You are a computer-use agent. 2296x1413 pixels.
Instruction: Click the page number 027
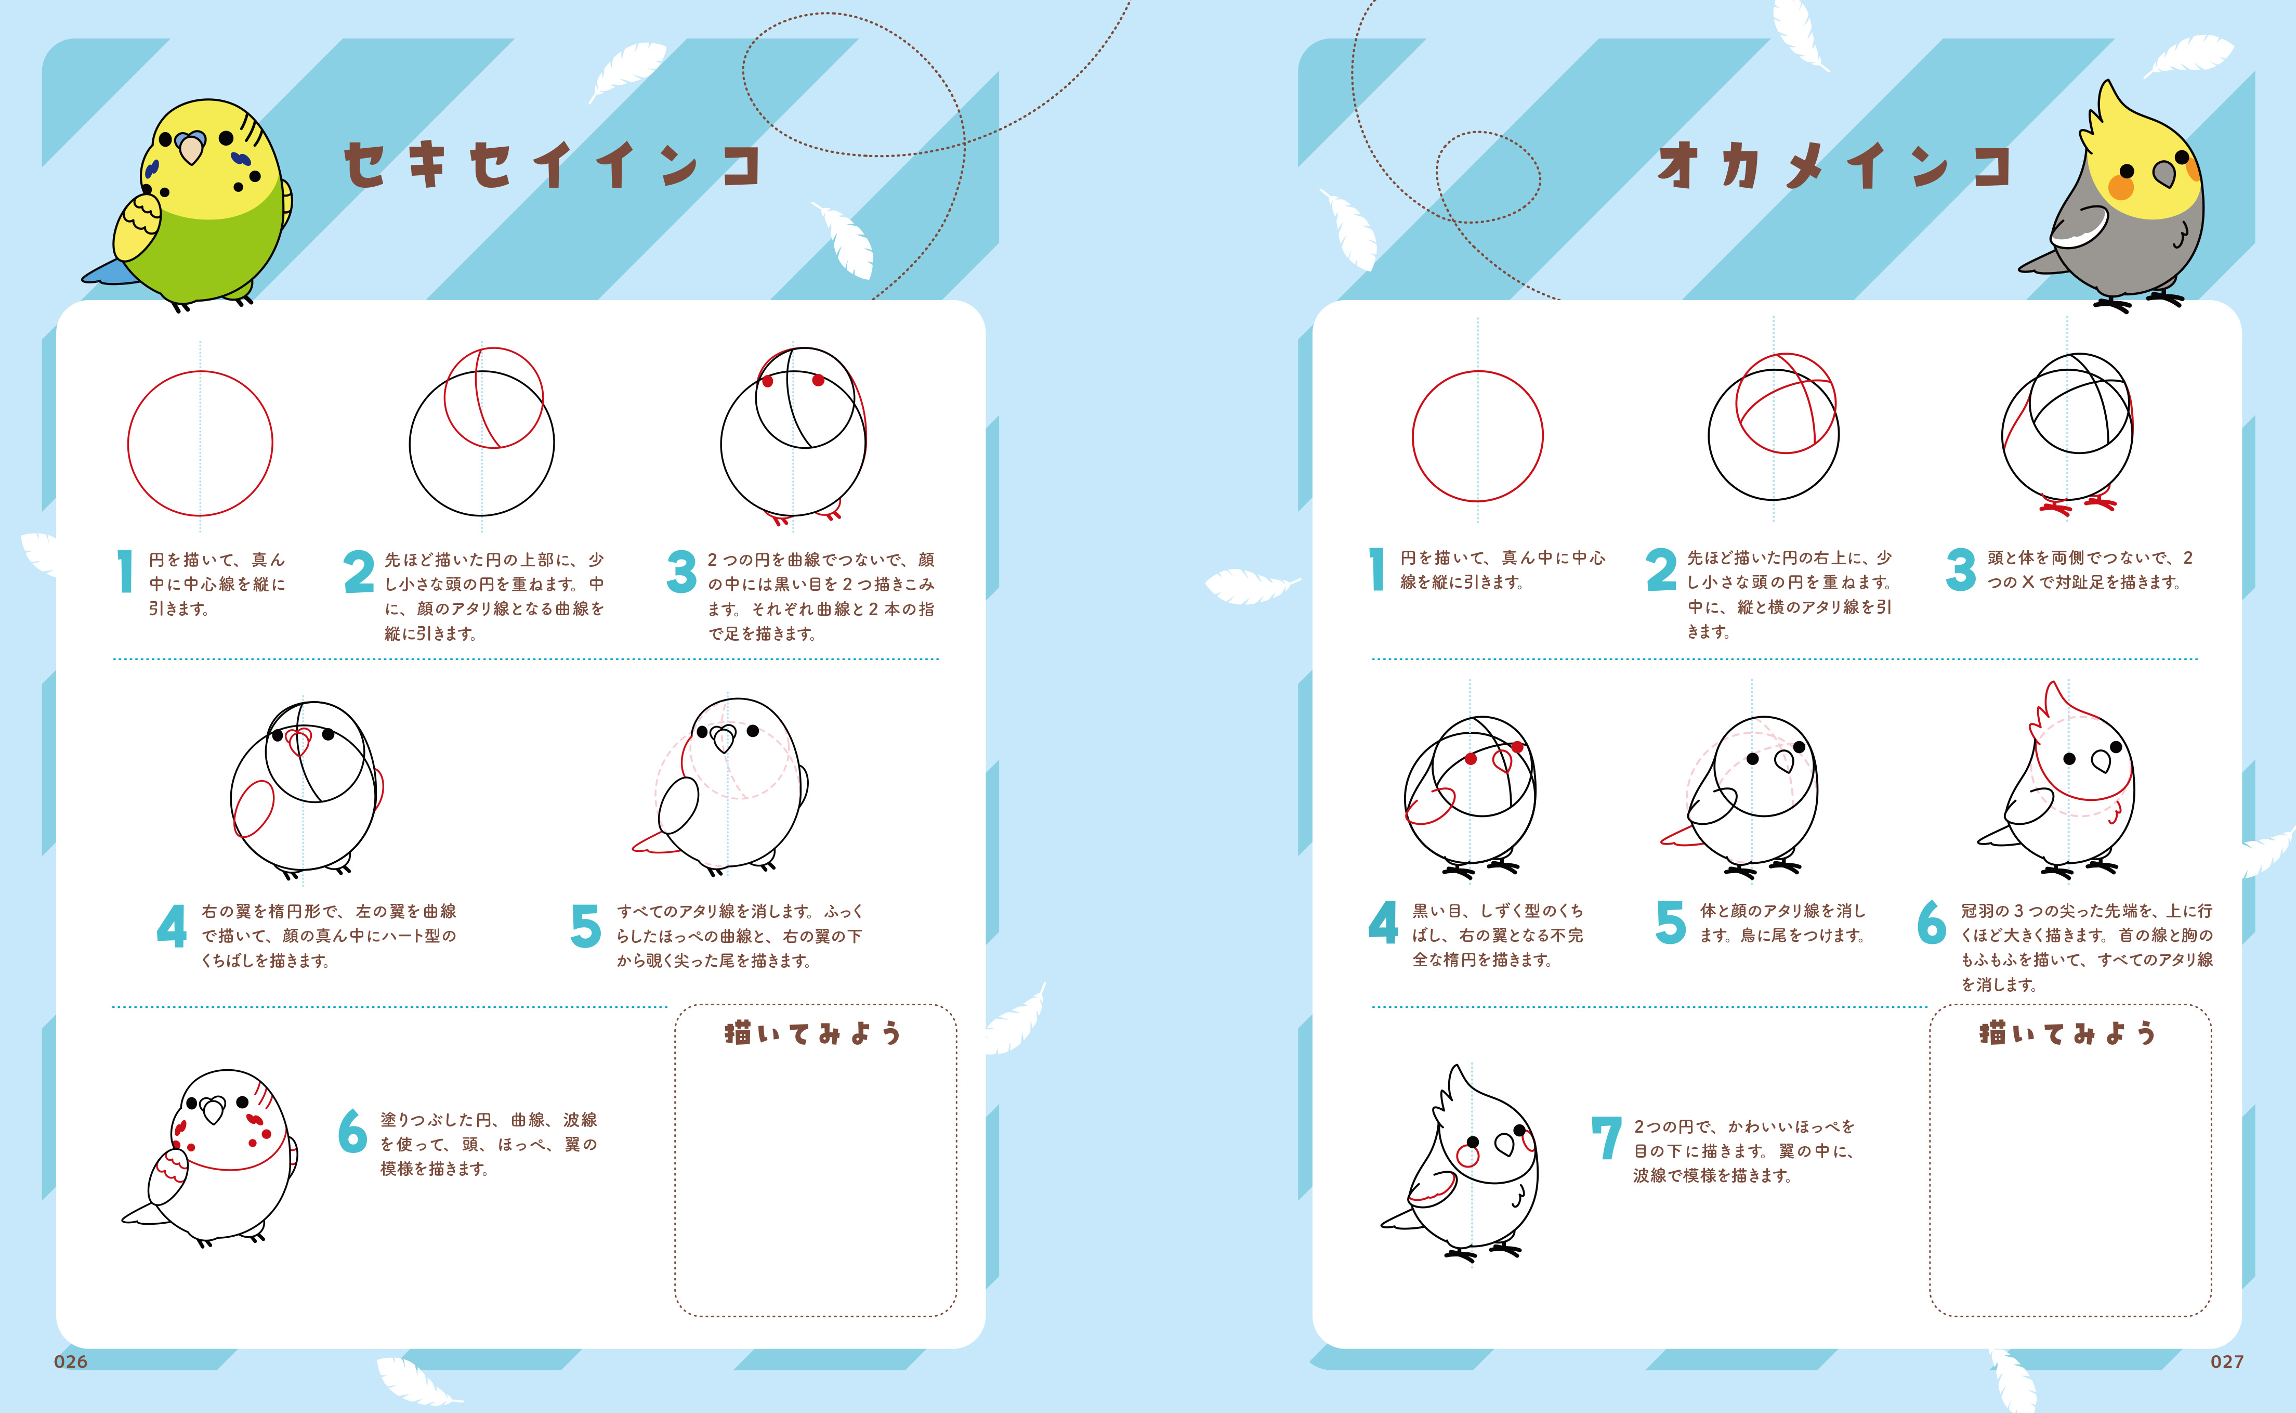point(2227,1362)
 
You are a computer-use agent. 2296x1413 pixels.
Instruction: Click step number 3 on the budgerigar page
point(682,572)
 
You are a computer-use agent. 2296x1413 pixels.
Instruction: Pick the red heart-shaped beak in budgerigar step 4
point(299,743)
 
